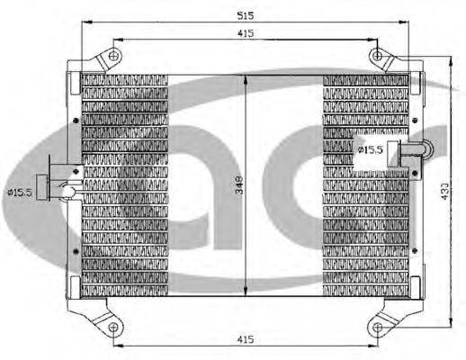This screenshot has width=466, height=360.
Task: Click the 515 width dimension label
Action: (246, 15)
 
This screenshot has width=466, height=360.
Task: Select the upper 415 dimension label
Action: (246, 33)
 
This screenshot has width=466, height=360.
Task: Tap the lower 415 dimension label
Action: (246, 339)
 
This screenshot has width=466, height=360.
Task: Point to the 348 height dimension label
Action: (239, 185)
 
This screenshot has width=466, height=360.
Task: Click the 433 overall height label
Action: (444, 191)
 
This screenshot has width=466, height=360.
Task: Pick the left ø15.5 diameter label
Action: (20, 193)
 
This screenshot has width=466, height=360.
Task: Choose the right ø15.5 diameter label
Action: (371, 149)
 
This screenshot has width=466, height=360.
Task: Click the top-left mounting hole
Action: (113, 56)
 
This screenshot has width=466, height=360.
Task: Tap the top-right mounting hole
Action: (378, 56)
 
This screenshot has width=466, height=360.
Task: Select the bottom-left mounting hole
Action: (113, 327)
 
